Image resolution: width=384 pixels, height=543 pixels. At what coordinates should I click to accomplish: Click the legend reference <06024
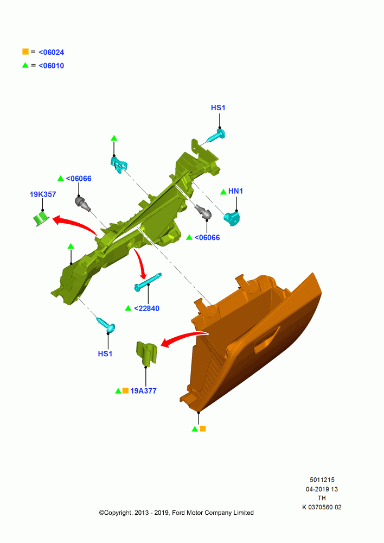(51, 52)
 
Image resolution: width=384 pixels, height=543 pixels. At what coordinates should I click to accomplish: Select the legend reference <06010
(51, 66)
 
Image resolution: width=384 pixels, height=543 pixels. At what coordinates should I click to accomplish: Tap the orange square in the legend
(25, 52)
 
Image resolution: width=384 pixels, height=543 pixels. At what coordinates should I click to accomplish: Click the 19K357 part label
(42, 194)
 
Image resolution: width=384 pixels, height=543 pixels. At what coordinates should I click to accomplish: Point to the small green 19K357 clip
(41, 219)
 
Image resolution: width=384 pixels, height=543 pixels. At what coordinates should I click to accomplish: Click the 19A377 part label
(143, 390)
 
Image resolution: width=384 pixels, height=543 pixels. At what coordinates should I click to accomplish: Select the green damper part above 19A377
(146, 353)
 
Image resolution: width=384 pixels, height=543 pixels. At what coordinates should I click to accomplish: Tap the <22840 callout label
(146, 308)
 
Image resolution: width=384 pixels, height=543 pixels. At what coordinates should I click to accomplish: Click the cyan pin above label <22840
(148, 282)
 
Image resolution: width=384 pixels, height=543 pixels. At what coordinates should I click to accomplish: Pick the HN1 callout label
(235, 191)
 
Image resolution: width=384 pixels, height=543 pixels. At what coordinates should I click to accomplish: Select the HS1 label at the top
(218, 108)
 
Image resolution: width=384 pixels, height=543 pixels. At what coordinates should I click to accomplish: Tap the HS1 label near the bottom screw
(105, 353)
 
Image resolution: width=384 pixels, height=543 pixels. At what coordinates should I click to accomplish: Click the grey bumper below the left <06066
(82, 203)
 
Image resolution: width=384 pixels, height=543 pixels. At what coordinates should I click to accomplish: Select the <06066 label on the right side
(207, 238)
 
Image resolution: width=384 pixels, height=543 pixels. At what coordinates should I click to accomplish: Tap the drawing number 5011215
(322, 479)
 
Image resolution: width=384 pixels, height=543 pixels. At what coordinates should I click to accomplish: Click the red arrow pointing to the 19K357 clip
(74, 224)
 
